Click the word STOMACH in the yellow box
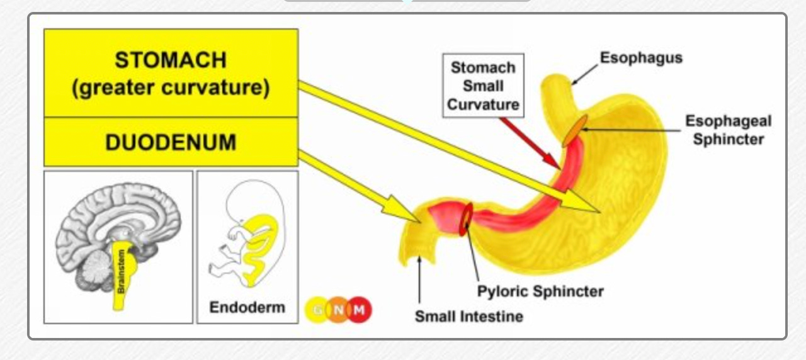[x=170, y=60]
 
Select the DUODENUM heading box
[x=170, y=142]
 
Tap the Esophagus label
[x=640, y=58]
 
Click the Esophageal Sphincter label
[x=728, y=130]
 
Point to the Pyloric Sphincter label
[x=540, y=291]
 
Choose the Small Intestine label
[x=468, y=316]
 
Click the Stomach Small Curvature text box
[x=482, y=86]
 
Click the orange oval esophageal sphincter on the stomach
[x=575, y=130]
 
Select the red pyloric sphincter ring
[x=466, y=218]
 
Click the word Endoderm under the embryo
[x=247, y=308]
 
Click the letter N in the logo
[x=338, y=309]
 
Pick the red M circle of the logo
[x=360, y=309]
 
